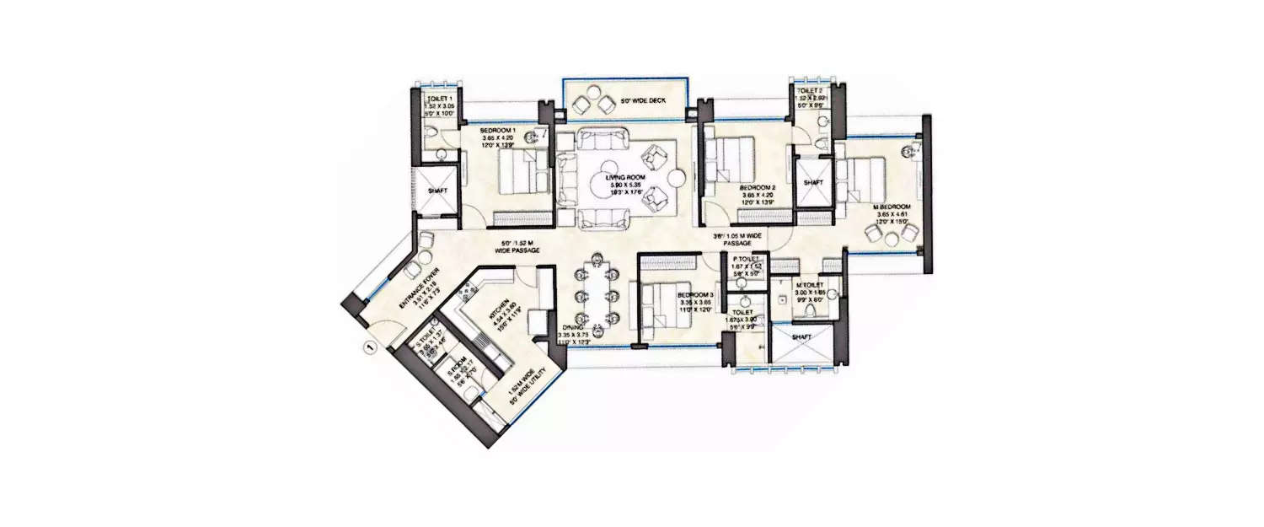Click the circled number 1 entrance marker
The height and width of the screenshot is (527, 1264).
(367, 346)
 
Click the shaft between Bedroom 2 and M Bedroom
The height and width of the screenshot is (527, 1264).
(813, 183)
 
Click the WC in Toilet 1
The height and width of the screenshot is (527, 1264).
(431, 136)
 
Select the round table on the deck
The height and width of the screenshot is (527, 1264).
(594, 104)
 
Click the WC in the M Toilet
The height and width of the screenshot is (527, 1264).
(810, 311)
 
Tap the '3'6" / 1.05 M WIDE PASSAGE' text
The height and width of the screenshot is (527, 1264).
(736, 239)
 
